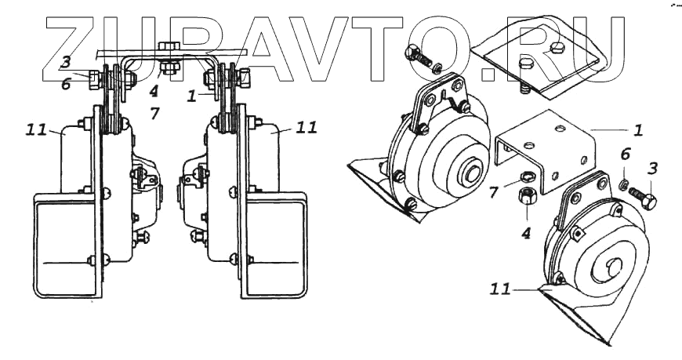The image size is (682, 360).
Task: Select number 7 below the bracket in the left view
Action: pos(155,113)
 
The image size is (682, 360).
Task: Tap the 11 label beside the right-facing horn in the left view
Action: pos(307,127)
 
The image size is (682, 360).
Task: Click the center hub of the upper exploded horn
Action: pos(473,170)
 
